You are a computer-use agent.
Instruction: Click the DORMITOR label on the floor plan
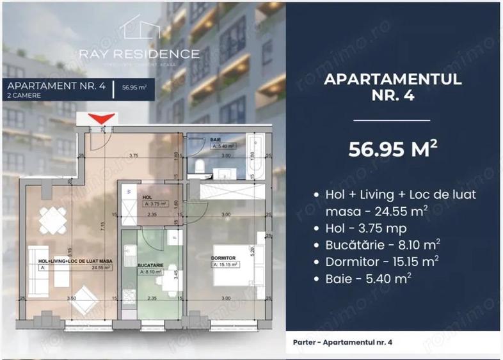tap(223, 258)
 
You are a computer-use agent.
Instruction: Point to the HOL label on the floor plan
tap(147, 197)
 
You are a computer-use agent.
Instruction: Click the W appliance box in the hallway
tap(129, 190)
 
